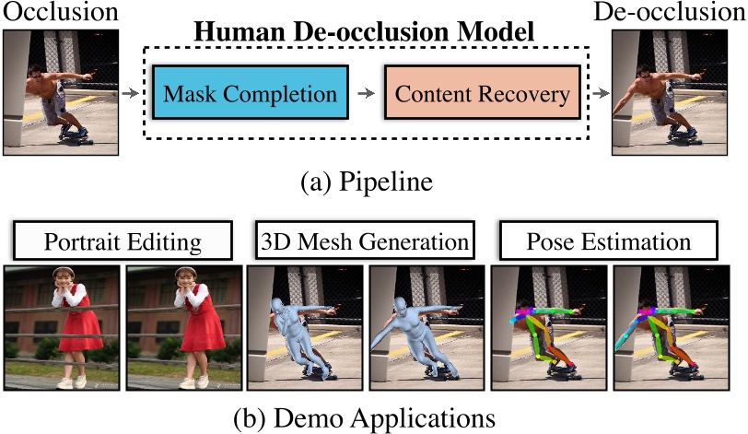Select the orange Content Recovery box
coord(483,94)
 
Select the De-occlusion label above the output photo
coord(682,13)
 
